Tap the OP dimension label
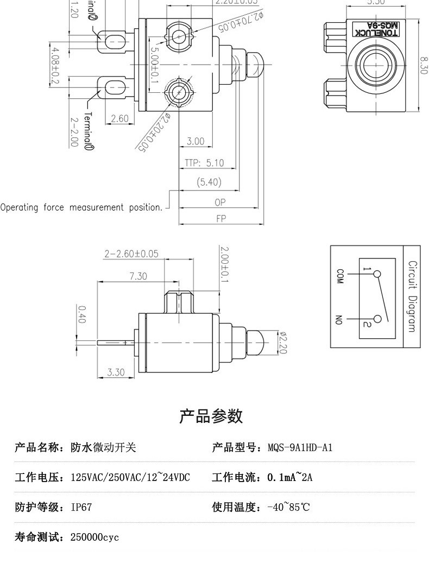220,202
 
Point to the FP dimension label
220,219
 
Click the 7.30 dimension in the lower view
138,276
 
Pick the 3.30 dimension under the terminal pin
116,372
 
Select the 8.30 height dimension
424,66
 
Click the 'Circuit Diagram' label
412,296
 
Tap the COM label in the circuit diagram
340,276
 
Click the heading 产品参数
211,416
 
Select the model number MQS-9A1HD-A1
300,448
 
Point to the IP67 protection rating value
81,508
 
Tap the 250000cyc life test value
94,537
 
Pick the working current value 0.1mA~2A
290,478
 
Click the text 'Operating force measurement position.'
81,207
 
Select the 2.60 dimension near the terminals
119,119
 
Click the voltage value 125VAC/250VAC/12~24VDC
130,478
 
